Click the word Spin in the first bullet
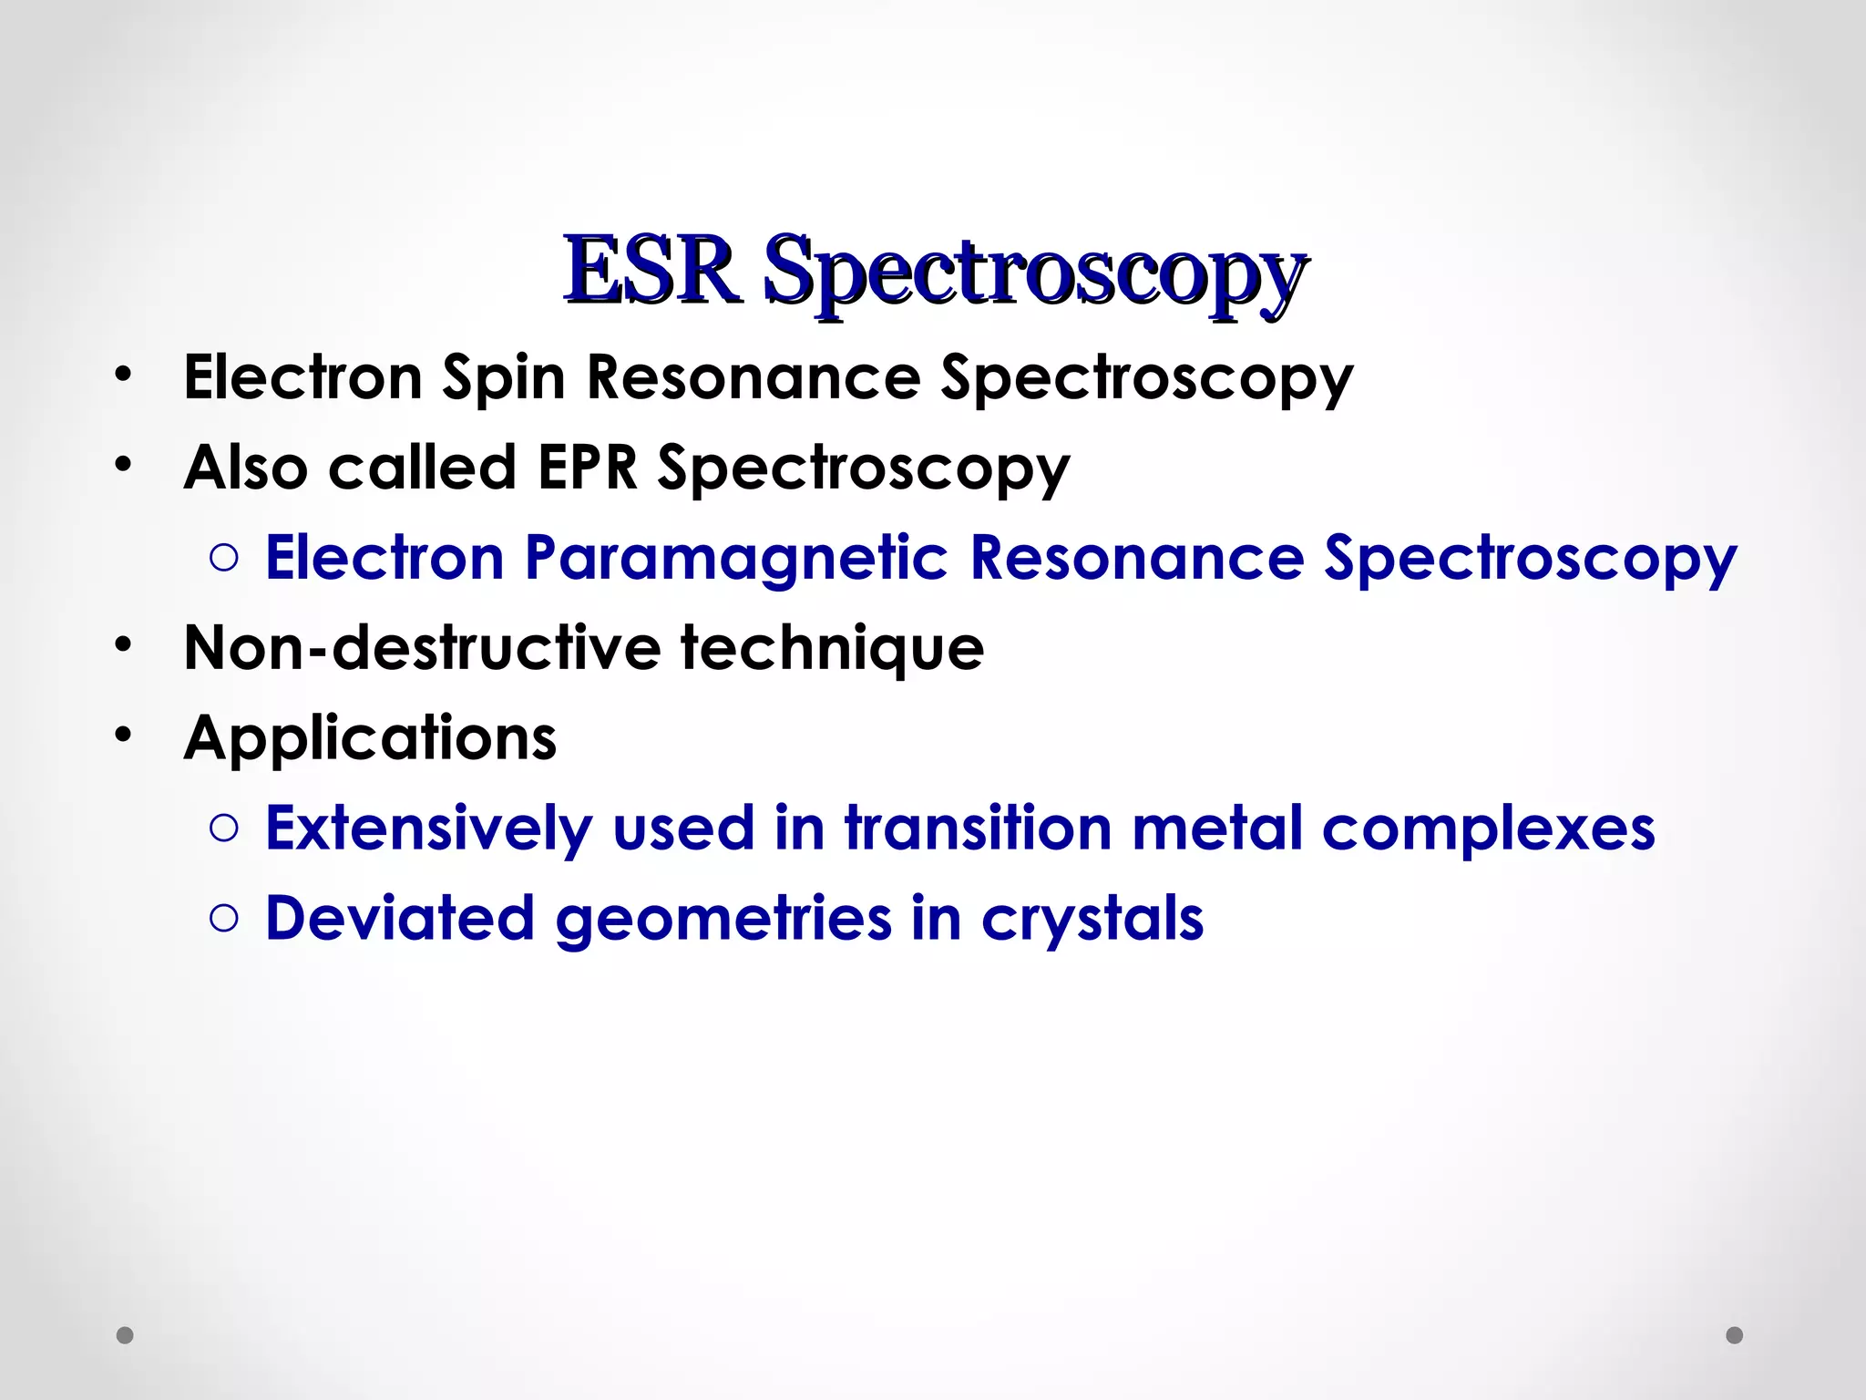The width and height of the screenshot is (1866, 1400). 503,378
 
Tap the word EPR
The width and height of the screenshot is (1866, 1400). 587,468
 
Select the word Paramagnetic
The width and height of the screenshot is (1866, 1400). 736,558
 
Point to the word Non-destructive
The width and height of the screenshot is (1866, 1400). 423,648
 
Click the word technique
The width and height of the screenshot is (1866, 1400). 832,648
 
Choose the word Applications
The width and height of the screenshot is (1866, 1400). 370,738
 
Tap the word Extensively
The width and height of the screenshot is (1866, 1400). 428,829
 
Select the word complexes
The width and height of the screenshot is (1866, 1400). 1488,829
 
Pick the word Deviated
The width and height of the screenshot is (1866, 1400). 399,919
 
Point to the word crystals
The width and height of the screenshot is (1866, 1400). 1092,919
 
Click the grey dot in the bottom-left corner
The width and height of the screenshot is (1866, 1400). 126,1335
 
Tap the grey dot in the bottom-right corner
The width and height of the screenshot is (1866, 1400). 1735,1335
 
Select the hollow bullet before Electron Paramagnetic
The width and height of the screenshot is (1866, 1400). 223,558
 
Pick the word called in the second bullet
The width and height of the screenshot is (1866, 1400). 422,468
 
